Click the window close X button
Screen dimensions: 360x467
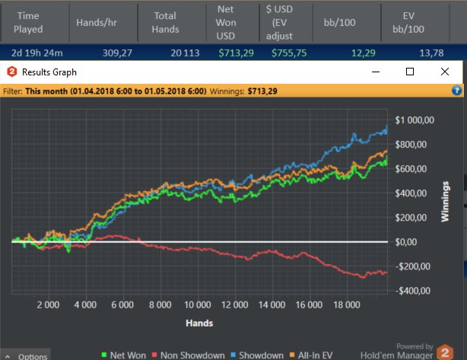click(445, 72)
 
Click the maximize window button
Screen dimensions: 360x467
click(410, 72)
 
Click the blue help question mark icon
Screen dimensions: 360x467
click(457, 90)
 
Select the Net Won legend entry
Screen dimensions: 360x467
click(125, 355)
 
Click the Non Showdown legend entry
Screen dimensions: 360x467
click(188, 355)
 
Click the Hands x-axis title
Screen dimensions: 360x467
click(199, 323)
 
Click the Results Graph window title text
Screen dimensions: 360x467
click(49, 72)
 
